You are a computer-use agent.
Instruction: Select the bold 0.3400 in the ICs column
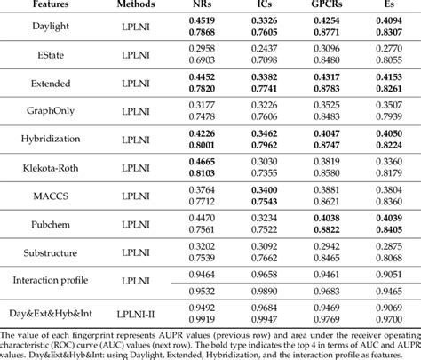pos(263,188)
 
